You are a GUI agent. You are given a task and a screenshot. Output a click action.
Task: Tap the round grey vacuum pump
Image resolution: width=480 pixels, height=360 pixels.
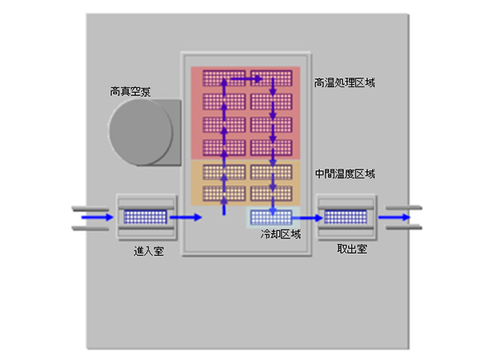click(x=140, y=133)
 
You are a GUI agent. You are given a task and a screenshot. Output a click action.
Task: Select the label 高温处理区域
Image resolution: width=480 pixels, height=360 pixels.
click(x=345, y=82)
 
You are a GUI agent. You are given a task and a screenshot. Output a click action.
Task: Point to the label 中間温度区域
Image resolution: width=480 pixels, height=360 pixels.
click(x=345, y=173)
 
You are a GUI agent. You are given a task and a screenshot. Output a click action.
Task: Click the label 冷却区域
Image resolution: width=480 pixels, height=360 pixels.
click(x=279, y=234)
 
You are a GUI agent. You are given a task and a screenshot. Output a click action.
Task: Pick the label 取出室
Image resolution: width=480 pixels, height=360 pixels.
click(x=352, y=250)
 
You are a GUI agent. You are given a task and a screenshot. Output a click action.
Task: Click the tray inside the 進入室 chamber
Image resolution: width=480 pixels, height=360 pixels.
click(x=145, y=216)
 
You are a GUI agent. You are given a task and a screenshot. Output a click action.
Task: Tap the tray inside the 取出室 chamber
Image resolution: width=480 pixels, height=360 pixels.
click(x=346, y=216)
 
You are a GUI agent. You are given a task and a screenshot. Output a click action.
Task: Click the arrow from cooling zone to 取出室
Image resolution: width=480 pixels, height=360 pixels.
click(x=306, y=216)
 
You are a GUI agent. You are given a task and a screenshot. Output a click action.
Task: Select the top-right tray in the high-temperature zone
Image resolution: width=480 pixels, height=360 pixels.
click(x=271, y=78)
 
